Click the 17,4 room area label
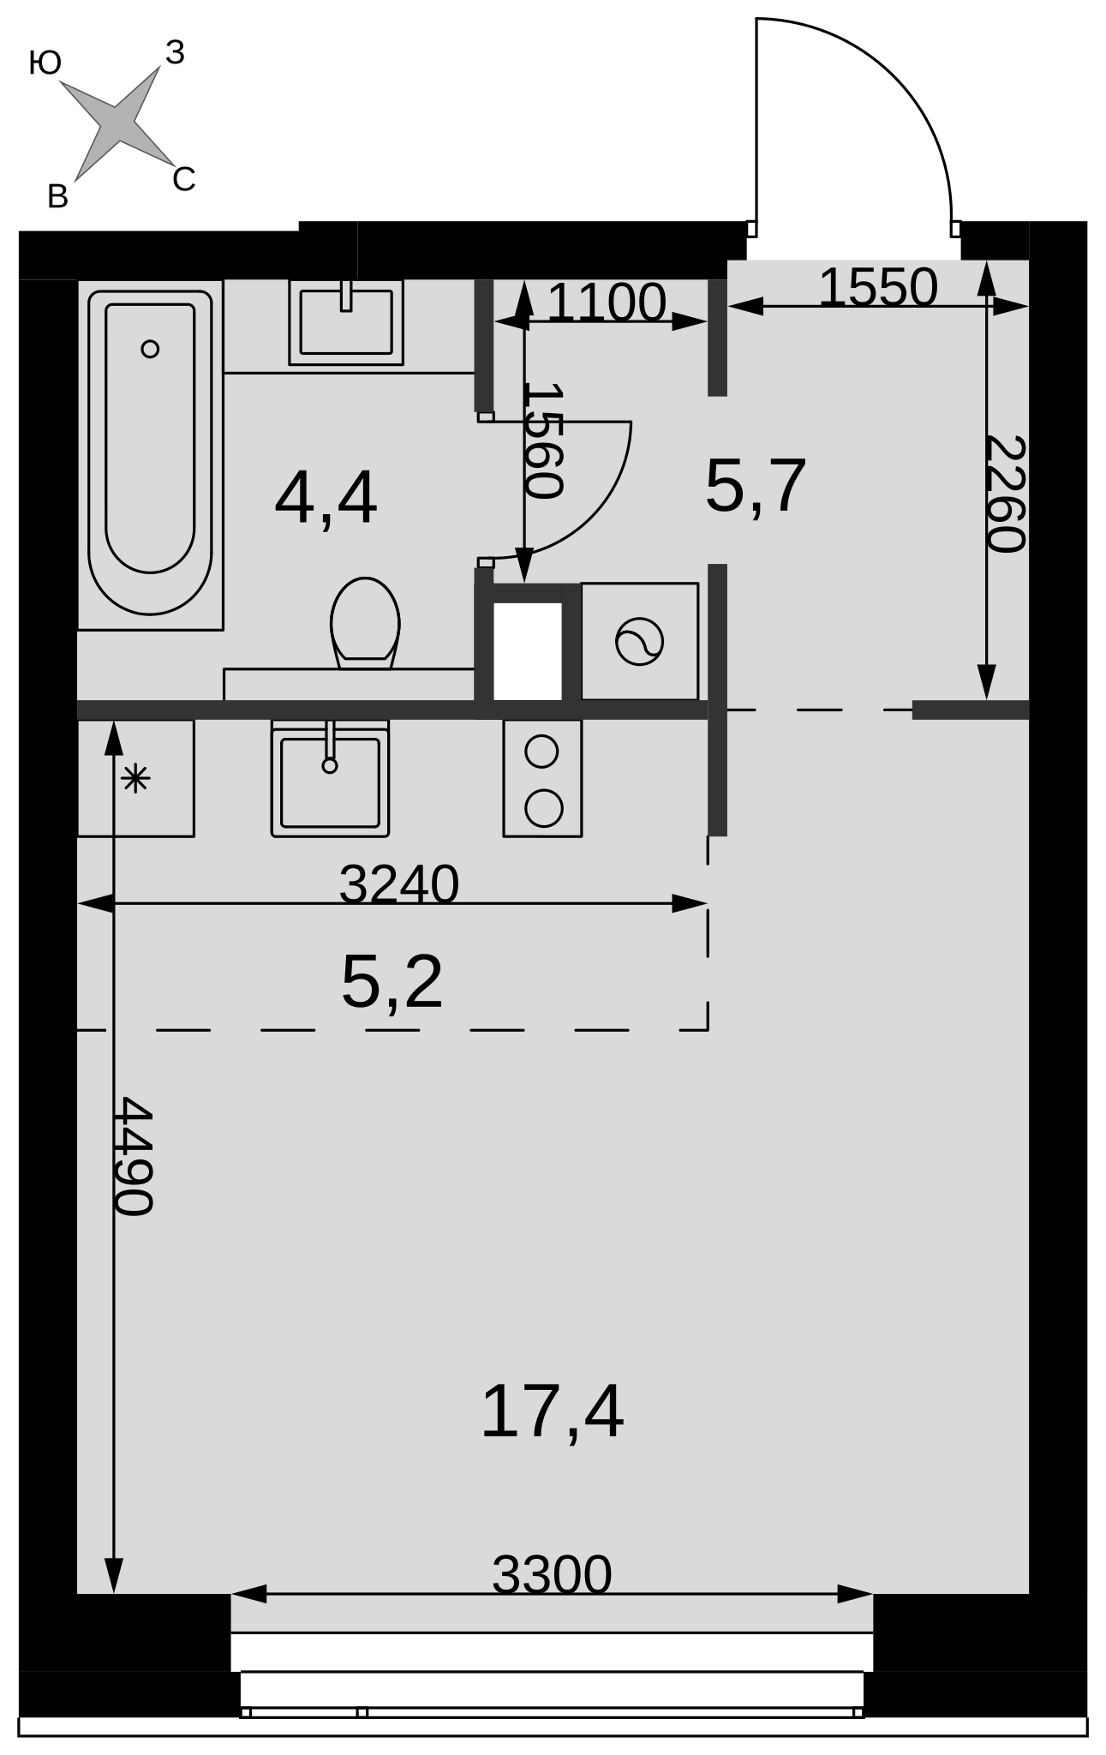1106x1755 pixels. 552,1413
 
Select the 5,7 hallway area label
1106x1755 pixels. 756,487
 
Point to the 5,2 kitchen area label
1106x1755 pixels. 392,982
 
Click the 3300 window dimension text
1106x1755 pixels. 552,1574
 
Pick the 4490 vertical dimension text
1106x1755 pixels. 134,1156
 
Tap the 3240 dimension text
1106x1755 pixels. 399,883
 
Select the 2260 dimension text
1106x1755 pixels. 1006,494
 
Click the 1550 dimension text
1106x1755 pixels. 878,287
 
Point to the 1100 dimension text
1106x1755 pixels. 606,302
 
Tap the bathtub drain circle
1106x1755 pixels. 150,349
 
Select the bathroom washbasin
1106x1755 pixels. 346,322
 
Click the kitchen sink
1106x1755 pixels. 330,778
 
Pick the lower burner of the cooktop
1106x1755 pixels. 543,808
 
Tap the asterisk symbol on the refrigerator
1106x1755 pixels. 136,779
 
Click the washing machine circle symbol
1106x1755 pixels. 639,642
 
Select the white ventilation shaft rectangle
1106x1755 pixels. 528,651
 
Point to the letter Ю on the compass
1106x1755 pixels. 45,63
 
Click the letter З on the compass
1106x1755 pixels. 175,53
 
